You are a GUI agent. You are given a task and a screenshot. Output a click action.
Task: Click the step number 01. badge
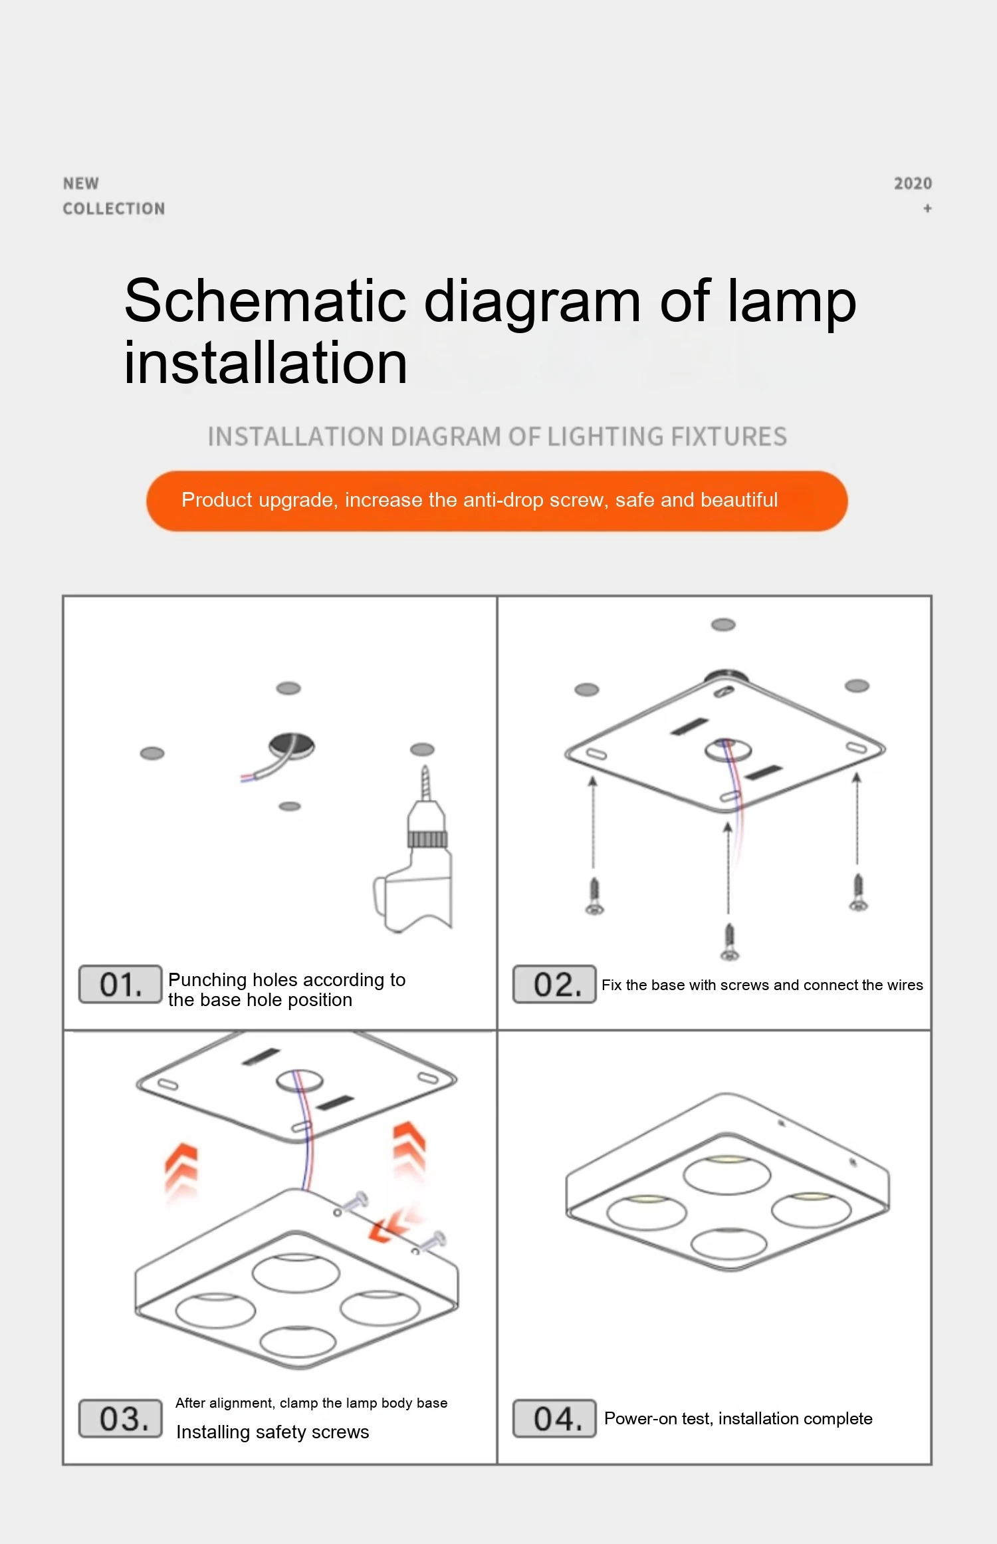(x=120, y=984)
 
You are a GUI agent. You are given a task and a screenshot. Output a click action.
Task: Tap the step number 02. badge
(x=554, y=984)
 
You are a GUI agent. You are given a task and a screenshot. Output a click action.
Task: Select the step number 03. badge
(x=120, y=1418)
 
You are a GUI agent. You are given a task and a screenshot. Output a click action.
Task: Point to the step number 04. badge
(x=554, y=1418)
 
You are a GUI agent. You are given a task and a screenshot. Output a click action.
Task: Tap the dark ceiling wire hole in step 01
(x=292, y=746)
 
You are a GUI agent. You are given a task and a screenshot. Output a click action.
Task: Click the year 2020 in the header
(x=913, y=184)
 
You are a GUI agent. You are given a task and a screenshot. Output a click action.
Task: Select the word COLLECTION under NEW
(x=114, y=209)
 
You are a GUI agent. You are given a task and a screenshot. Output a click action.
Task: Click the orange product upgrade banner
(x=497, y=501)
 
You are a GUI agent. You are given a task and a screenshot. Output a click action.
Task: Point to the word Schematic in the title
(x=265, y=301)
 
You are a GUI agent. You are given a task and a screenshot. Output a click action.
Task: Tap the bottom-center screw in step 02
(x=729, y=942)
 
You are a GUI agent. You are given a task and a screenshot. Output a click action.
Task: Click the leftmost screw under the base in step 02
(x=594, y=896)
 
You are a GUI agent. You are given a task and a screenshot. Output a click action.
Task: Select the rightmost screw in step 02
(x=858, y=892)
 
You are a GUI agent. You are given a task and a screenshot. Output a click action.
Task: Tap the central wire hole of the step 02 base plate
(x=728, y=750)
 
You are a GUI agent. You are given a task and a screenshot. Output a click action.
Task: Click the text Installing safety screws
(x=273, y=1432)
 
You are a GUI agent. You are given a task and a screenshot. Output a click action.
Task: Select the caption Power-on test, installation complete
(x=738, y=1418)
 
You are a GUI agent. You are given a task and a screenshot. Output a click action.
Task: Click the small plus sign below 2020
(x=927, y=208)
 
